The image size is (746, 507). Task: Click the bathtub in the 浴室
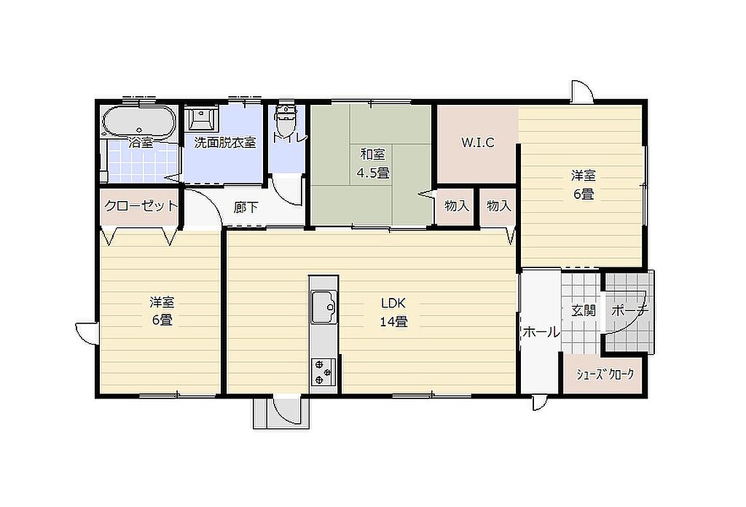pos(139,120)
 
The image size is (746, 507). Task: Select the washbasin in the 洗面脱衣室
pos(203,117)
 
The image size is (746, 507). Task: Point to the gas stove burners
pos(323,372)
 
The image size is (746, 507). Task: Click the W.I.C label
pos(478,142)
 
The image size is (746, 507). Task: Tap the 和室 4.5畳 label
pos(374,163)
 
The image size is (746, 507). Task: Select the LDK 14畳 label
pos(393,312)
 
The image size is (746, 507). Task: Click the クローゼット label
pos(141,206)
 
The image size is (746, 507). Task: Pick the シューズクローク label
pos(605,374)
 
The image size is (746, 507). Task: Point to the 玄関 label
pos(584,311)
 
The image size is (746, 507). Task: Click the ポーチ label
pos(630,311)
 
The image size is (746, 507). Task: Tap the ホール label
pos(541,332)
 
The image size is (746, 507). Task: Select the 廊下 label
pos(246,208)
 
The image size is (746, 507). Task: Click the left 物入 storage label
pos(457,206)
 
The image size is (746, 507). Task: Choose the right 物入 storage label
pos(499,206)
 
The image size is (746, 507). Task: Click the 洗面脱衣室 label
pos(225,143)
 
